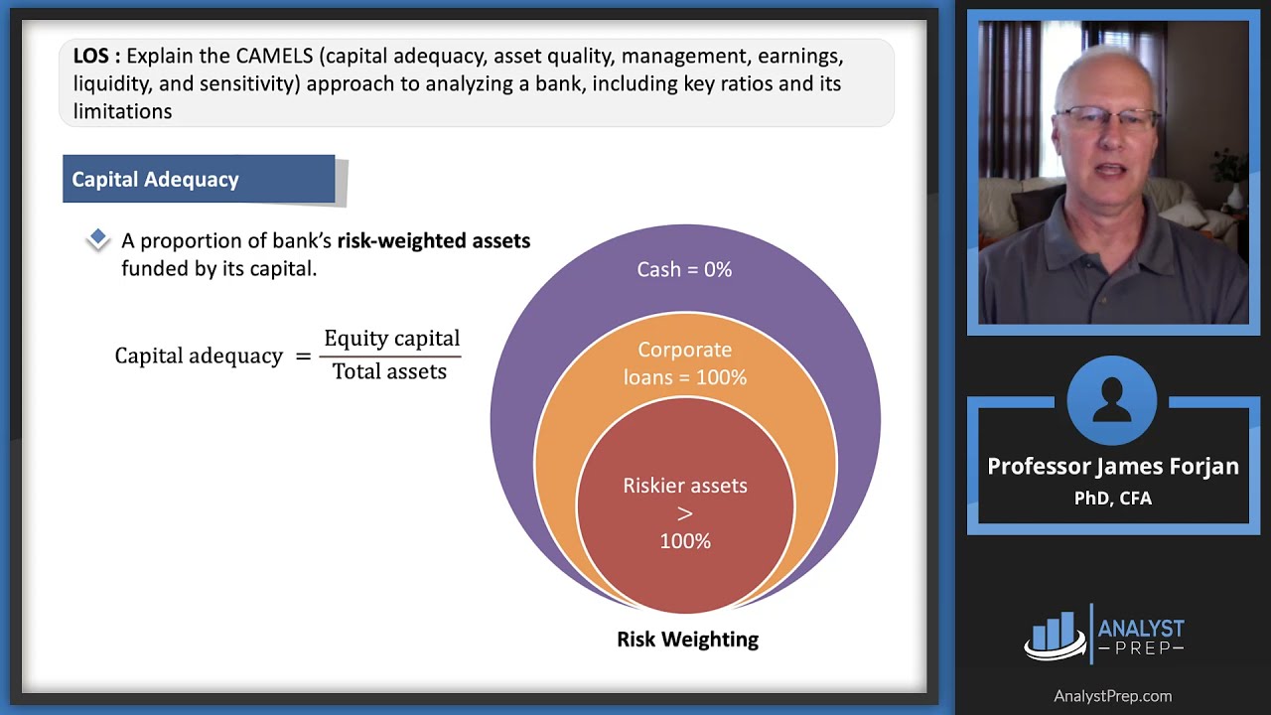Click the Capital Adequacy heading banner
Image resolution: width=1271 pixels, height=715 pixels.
[x=199, y=180]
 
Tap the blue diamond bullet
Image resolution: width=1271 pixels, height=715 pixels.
[x=97, y=239]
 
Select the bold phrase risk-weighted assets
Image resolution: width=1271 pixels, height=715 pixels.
[x=433, y=240]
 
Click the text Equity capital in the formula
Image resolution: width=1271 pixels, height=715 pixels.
[x=391, y=339]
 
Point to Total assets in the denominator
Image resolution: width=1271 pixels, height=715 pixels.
[x=389, y=371]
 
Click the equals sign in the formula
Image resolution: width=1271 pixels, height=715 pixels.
[x=303, y=356]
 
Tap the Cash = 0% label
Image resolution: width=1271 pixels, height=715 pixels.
[x=684, y=269]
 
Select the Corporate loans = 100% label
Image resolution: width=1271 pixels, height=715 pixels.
[x=684, y=363]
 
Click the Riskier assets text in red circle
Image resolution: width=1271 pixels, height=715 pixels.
[x=684, y=486]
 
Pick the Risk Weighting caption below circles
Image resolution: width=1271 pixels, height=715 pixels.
[x=687, y=640]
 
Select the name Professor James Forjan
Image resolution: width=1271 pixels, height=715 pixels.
[x=1112, y=467]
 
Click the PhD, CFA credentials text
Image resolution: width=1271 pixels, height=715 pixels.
[x=1112, y=499]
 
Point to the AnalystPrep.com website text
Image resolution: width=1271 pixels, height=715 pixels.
[x=1112, y=696]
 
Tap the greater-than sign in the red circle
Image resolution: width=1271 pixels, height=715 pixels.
[x=684, y=513]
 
